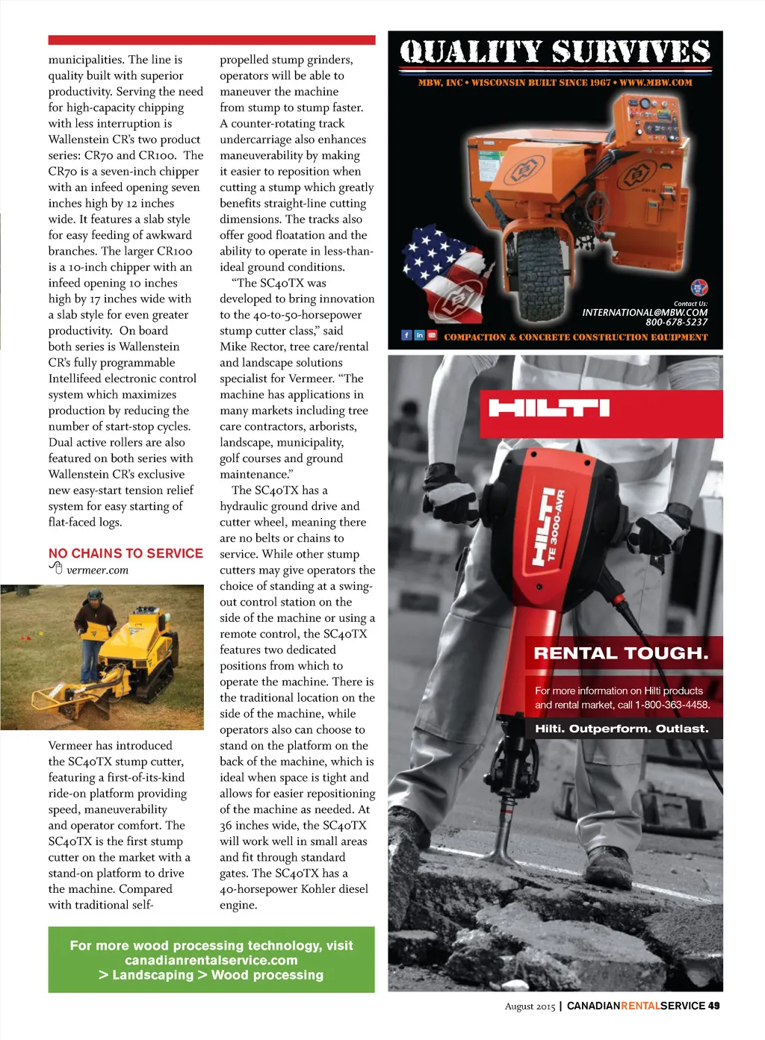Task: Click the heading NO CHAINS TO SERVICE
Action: click(126, 553)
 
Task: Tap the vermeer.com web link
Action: click(97, 570)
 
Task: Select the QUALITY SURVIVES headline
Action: click(555, 52)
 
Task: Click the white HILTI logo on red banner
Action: click(549, 408)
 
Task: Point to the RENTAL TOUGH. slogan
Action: click(621, 653)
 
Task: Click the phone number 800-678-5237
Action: click(676, 323)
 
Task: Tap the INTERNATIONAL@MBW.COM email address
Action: click(645, 312)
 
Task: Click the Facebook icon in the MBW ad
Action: click(406, 335)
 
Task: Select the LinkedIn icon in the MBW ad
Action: click(419, 335)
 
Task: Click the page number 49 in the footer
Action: click(714, 1006)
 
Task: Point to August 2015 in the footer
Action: click(530, 1006)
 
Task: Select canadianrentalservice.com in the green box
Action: click(211, 960)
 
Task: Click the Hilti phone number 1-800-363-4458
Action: click(672, 705)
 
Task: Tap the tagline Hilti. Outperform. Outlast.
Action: click(622, 729)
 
